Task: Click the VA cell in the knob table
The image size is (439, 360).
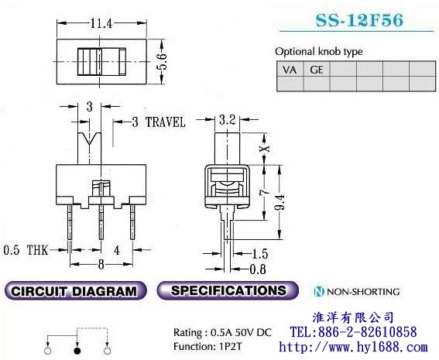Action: [290, 70]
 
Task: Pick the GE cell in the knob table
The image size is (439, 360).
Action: [316, 70]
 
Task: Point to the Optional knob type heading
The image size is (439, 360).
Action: [318, 51]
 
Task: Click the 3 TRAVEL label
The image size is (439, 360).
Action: [157, 122]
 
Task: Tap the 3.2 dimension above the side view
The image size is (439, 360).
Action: [227, 120]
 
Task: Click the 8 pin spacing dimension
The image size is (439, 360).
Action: [102, 264]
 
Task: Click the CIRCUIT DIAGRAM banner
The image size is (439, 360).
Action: [75, 292]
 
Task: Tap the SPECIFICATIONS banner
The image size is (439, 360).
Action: [228, 291]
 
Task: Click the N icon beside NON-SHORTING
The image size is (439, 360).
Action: [318, 292]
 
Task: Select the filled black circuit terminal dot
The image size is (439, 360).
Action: [77, 351]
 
